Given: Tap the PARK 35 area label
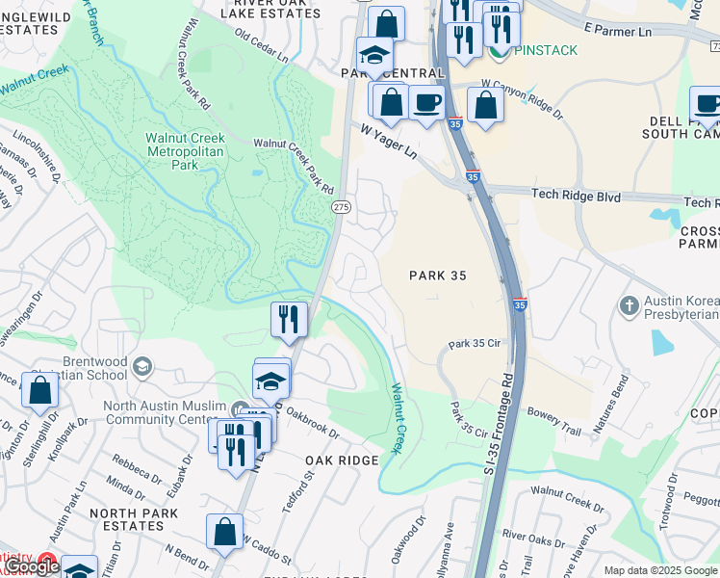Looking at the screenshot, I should tap(438, 276).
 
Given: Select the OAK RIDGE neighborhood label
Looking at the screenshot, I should tap(343, 460).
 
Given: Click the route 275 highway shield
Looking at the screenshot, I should tap(341, 207).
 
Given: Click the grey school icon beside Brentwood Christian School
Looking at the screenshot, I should tap(142, 366).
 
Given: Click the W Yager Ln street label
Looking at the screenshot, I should tap(389, 141).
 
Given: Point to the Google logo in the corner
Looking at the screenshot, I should tap(32, 567).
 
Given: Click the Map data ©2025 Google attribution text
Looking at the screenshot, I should tap(660, 570).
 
